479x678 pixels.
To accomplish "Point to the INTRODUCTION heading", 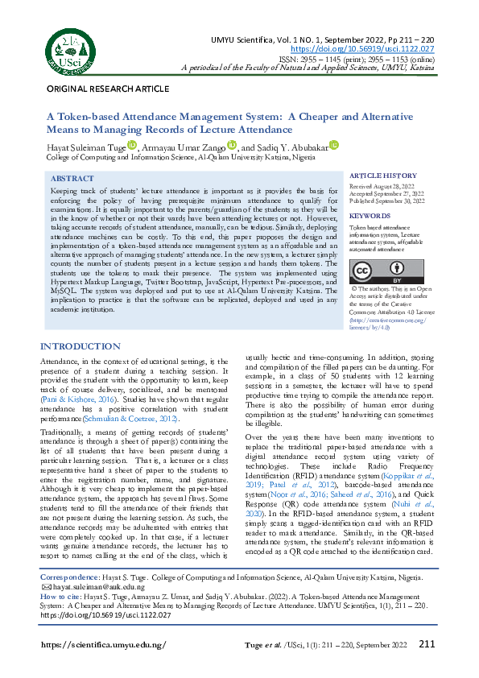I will tap(80, 347).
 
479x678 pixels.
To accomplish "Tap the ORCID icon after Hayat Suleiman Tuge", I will tap(133, 145).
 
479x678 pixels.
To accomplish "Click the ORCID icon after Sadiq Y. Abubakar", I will tap(334, 145).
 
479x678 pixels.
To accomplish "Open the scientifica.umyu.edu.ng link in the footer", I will tap(103, 645).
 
